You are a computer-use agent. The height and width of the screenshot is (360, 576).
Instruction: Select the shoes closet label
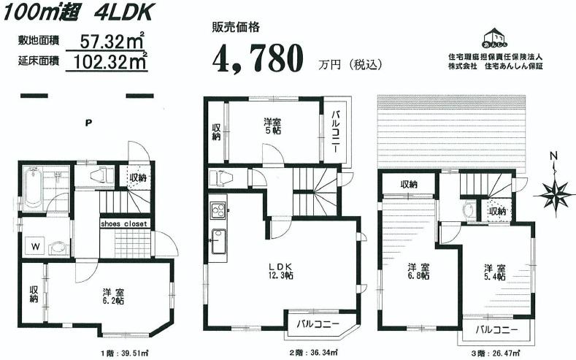pyautogui.click(x=124, y=223)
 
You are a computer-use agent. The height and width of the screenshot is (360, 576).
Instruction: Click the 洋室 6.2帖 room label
pyautogui.click(x=112, y=296)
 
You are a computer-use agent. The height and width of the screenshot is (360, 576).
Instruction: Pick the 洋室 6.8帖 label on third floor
pyautogui.click(x=418, y=272)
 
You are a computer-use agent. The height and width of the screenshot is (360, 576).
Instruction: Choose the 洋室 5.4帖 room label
pyautogui.click(x=495, y=272)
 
